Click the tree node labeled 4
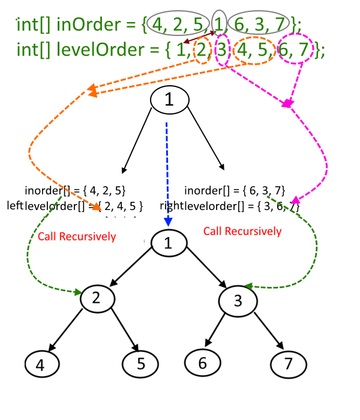(x=43, y=364)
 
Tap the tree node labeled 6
(x=202, y=362)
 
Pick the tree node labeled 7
(x=289, y=364)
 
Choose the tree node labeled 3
(x=238, y=300)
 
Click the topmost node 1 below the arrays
(x=169, y=100)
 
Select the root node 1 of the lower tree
(x=169, y=243)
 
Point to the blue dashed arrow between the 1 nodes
(x=168, y=174)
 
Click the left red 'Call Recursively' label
(x=76, y=236)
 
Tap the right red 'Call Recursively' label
(x=242, y=231)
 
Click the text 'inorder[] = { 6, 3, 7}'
(x=230, y=191)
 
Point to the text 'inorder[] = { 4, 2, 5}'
(x=75, y=191)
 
